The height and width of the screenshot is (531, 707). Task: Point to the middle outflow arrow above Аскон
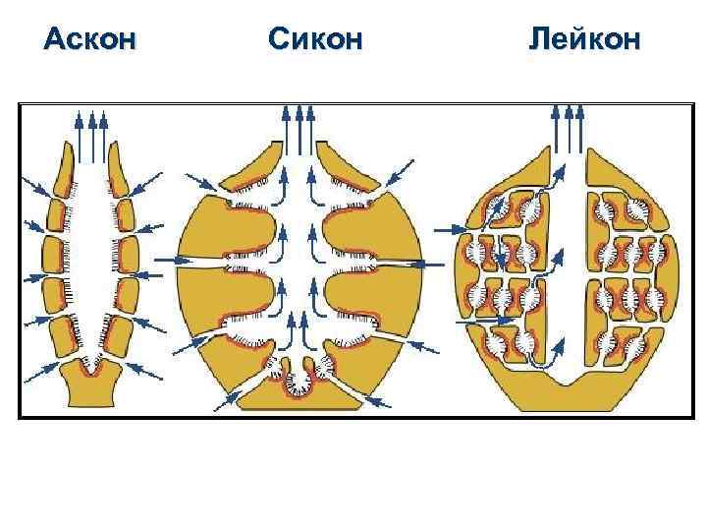[x=93, y=133]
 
